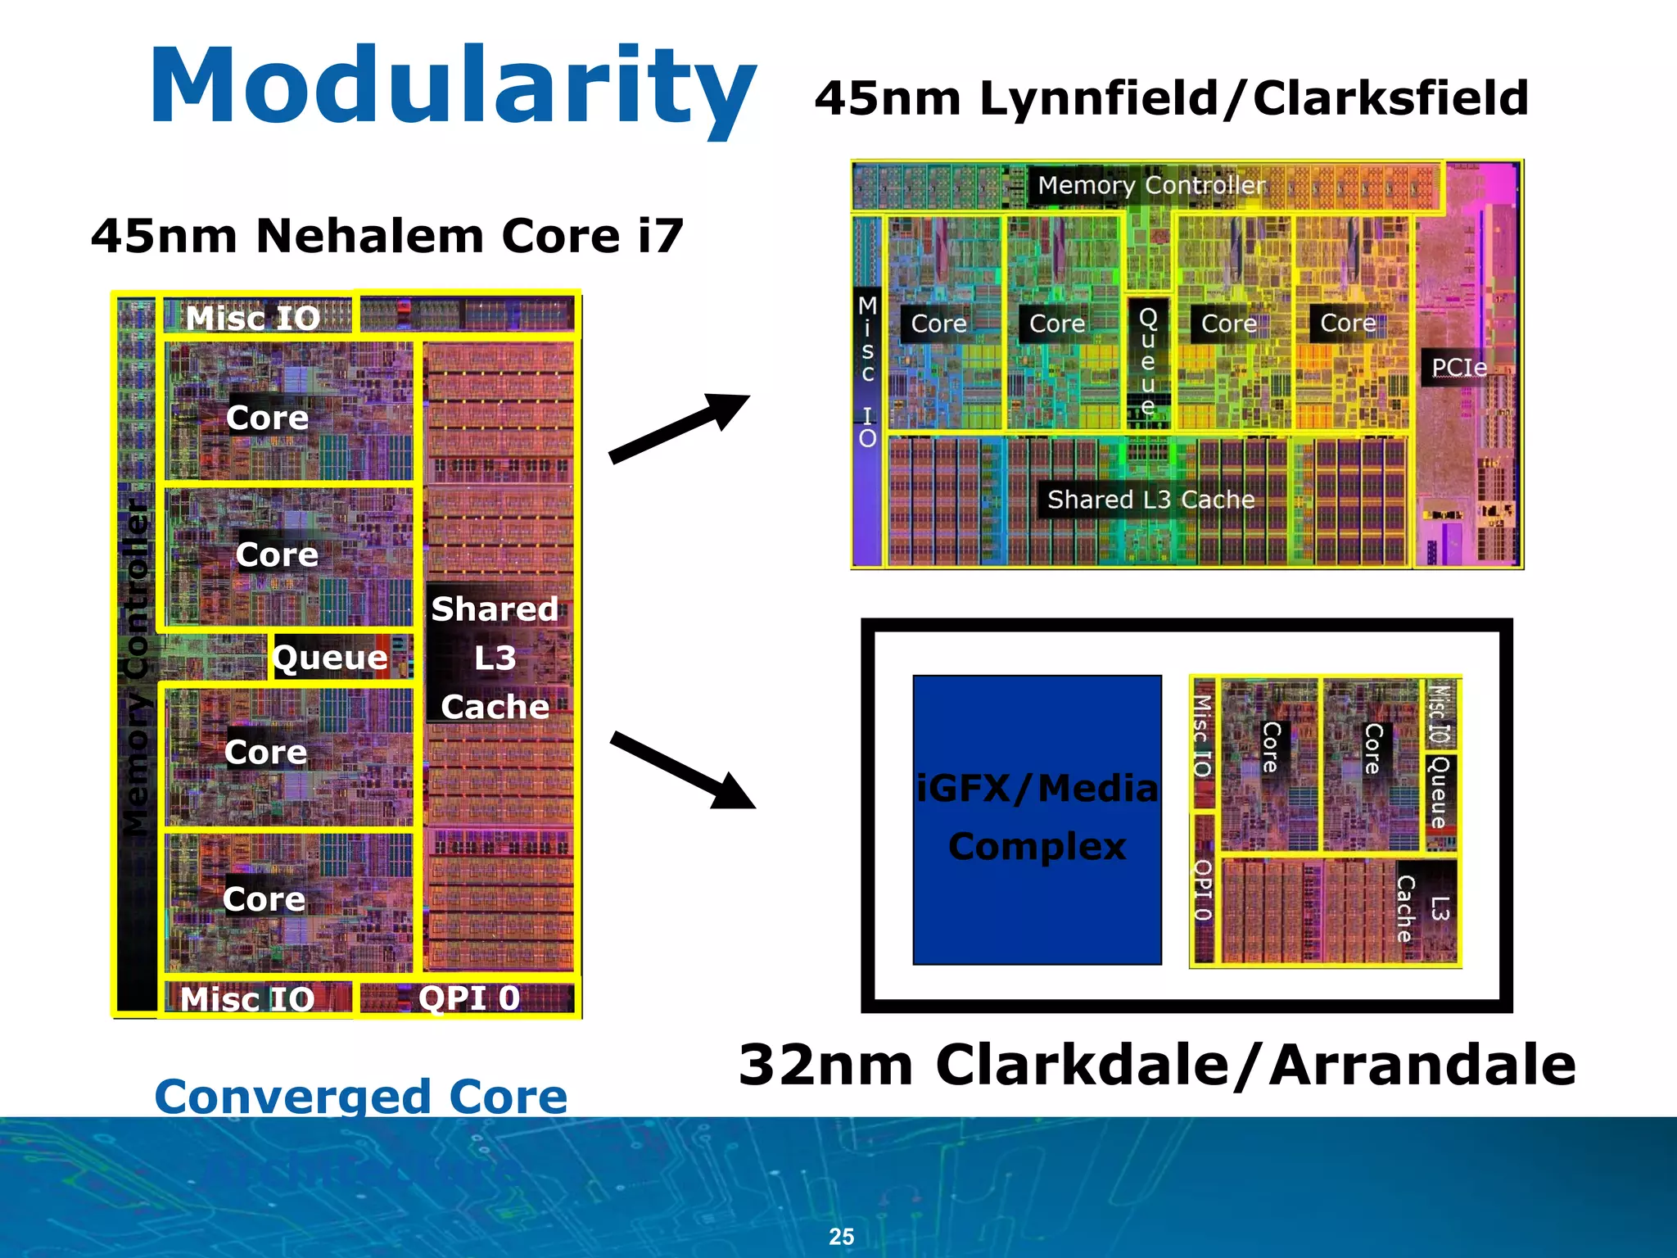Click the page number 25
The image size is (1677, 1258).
point(841,1236)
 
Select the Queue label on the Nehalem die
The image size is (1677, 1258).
point(330,657)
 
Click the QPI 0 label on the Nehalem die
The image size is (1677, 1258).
point(468,998)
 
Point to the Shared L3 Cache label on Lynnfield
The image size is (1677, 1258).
point(1150,499)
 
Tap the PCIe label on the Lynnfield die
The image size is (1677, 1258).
point(1459,367)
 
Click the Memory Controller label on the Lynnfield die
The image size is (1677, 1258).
point(1151,185)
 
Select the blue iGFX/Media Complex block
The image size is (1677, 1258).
point(1037,819)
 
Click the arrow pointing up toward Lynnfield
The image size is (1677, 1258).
point(680,428)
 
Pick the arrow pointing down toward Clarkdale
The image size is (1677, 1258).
point(682,770)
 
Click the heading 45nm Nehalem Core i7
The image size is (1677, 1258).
point(386,236)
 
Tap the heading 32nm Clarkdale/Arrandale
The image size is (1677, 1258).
point(1156,1065)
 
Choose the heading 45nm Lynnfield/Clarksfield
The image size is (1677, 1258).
point(1171,98)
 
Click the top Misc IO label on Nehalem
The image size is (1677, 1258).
point(252,318)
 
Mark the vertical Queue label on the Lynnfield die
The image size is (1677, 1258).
point(1148,360)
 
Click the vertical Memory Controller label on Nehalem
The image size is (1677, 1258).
point(136,667)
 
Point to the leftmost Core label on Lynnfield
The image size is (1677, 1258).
point(938,324)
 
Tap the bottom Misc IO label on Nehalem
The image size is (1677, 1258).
point(247,998)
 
